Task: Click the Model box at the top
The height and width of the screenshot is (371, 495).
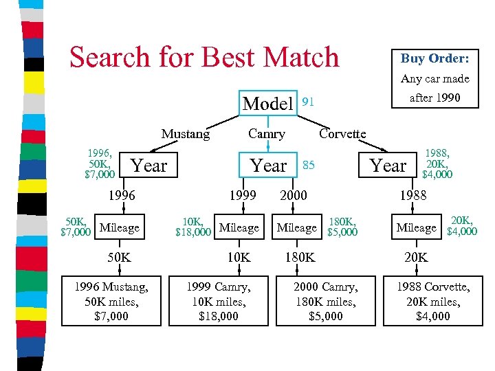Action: point(268,104)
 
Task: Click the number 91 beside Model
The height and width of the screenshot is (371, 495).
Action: point(309,102)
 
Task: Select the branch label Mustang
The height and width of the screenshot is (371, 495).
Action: point(186,134)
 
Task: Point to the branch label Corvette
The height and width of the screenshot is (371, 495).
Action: point(342,134)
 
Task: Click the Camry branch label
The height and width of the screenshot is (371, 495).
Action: point(267,134)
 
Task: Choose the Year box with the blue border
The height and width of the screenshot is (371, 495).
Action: point(269,166)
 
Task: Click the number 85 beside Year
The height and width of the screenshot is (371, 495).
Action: point(309,165)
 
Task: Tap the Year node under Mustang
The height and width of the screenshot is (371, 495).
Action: point(149,166)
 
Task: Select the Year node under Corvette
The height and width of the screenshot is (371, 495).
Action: point(388,166)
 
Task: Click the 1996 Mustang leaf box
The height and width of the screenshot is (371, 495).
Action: point(111,300)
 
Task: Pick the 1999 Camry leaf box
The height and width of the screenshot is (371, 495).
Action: point(219,300)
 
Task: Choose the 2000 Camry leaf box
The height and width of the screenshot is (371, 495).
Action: point(326,300)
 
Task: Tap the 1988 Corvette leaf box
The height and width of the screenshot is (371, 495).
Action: point(433,300)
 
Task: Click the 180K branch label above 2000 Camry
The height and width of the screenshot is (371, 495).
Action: point(300,258)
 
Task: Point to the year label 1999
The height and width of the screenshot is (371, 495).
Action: point(243,196)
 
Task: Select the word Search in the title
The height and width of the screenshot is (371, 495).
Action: point(113,57)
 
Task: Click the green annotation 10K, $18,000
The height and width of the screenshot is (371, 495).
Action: point(192,227)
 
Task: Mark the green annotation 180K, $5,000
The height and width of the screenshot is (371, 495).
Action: point(342,227)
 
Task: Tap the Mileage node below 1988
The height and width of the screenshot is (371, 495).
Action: point(416,227)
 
